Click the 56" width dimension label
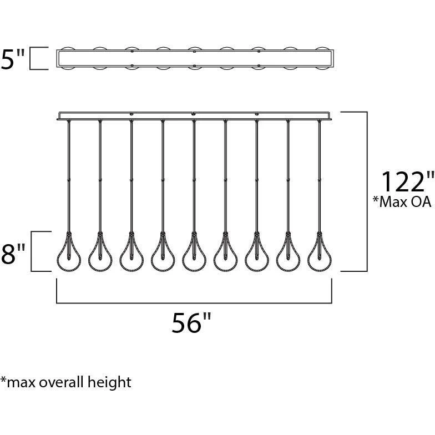pyautogui.click(x=191, y=322)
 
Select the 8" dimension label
pyautogui.click(x=13, y=253)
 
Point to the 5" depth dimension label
pyautogui.click(x=13, y=59)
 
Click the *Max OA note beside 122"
pyautogui.click(x=402, y=201)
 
